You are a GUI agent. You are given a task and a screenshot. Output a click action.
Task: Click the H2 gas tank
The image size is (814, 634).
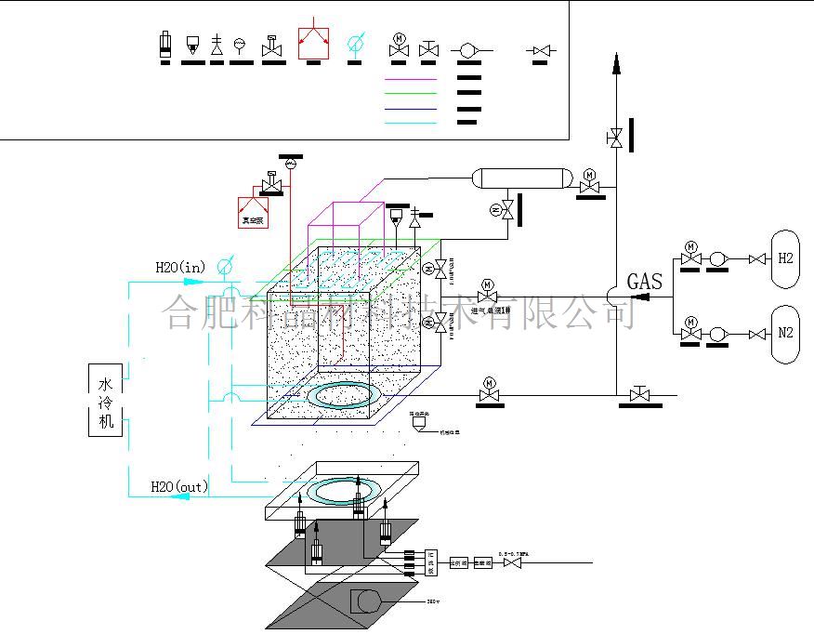click(x=785, y=258)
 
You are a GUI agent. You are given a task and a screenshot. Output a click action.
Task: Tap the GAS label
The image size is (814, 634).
click(x=645, y=281)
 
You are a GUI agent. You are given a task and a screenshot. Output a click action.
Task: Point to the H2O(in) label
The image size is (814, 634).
click(x=179, y=268)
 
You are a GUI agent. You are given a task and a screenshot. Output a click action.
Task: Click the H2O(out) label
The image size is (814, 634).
click(x=179, y=486)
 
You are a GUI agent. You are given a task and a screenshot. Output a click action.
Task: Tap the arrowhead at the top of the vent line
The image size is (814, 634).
click(x=614, y=63)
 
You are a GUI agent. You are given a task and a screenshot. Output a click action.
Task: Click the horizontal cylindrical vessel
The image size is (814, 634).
click(x=520, y=178)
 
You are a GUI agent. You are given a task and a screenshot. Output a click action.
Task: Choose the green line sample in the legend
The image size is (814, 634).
click(x=411, y=94)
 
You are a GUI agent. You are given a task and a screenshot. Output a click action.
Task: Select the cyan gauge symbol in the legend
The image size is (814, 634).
click(x=354, y=44)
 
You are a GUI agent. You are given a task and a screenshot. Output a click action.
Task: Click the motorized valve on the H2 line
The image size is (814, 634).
click(x=690, y=257)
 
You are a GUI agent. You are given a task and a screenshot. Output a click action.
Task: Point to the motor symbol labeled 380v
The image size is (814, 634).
click(x=366, y=601)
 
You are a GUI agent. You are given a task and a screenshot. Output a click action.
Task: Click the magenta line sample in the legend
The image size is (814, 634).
click(x=411, y=80)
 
